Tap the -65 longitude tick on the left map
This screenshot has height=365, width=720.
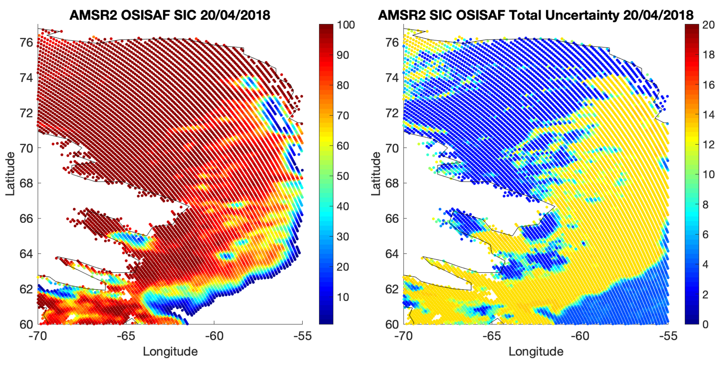pyautogui.click(x=126, y=336)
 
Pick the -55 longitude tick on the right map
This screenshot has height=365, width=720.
pyautogui.click(x=668, y=336)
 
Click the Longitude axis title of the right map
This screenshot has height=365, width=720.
pyautogui.click(x=536, y=352)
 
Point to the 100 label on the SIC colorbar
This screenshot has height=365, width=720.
pyautogui.click(x=346, y=25)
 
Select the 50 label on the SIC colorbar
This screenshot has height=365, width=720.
pyautogui.click(x=343, y=176)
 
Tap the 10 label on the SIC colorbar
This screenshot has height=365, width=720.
pyautogui.click(x=343, y=297)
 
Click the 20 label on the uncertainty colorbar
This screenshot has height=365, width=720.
pyautogui.click(x=708, y=25)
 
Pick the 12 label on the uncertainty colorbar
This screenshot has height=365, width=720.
pyautogui.click(x=708, y=145)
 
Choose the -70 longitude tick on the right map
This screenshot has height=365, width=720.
pyautogui.click(x=403, y=336)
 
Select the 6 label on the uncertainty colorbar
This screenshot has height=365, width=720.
pyautogui.click(x=706, y=235)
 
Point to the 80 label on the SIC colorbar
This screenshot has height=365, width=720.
pyautogui.click(x=343, y=85)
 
